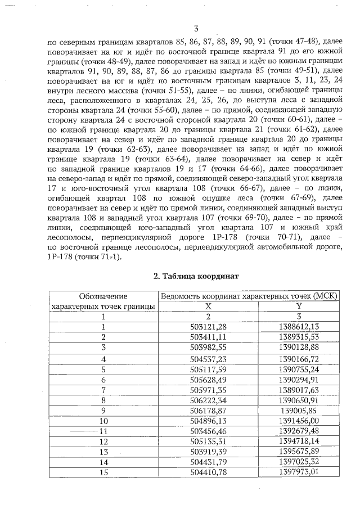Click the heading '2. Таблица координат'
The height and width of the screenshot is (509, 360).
tap(196, 276)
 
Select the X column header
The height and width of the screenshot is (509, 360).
tap(208, 305)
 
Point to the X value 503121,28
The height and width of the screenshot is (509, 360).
tap(208, 327)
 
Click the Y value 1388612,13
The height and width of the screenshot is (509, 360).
tap(299, 327)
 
